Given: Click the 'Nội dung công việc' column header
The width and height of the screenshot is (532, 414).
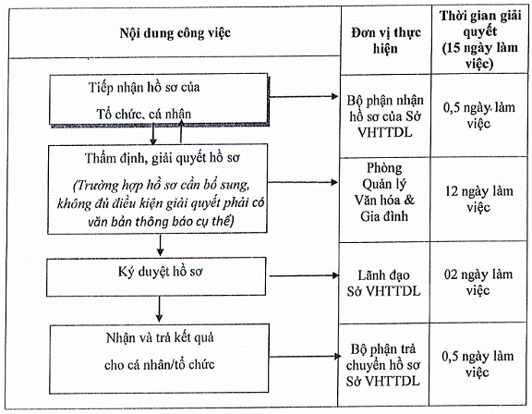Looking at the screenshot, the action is pos(175,33).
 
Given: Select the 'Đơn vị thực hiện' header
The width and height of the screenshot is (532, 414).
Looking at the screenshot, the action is pos(386,41).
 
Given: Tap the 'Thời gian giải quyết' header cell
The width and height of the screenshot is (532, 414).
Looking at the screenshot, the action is pos(479,40).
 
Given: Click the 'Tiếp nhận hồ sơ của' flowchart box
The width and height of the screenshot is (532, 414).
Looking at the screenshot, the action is pos(159,100).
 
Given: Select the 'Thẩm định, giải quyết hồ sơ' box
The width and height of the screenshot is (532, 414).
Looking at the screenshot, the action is pos(157,189).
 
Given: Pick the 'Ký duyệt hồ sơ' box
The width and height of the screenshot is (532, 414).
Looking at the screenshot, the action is pos(156,276).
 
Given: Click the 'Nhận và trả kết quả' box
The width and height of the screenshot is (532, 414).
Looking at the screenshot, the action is pos(159,359).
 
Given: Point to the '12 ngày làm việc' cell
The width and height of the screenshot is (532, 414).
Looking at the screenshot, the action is pos(478,199).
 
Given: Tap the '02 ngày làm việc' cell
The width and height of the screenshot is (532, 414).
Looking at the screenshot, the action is pos(478,282).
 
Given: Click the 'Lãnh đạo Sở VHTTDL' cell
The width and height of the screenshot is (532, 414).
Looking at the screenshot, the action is pos(383,283).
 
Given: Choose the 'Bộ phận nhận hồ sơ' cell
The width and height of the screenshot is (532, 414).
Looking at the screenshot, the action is pos(385,116).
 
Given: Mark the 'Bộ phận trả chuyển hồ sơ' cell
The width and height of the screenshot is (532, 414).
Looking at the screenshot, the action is pos(383,365).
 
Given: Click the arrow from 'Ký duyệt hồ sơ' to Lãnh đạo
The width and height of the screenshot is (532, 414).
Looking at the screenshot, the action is pos(304,275).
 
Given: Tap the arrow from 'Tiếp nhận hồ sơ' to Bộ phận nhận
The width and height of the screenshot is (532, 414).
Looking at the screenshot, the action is pos(303,97).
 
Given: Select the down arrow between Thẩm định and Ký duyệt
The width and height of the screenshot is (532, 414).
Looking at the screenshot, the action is pos(160,245).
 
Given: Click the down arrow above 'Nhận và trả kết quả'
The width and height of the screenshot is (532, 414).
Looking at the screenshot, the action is pos(159,310).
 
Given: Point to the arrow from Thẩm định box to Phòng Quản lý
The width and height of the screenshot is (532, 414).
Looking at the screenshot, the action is pos(303,183).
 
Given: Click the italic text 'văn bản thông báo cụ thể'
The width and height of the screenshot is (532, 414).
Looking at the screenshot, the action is pos(161,222).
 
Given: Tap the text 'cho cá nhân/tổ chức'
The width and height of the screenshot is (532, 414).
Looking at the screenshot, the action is pos(160,365).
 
